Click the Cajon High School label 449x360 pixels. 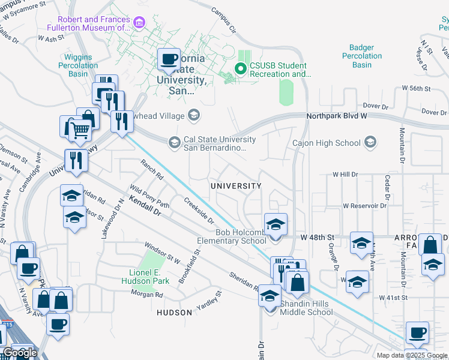tap(326, 143)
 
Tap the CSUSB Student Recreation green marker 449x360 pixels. tap(241, 69)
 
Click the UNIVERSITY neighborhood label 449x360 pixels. tap(236, 186)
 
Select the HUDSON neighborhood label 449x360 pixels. tap(174, 313)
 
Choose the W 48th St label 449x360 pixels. tap(318, 237)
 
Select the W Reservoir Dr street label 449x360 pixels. tap(364, 205)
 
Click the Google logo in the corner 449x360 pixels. tap(20, 353)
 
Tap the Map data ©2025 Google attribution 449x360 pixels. tap(412, 355)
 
